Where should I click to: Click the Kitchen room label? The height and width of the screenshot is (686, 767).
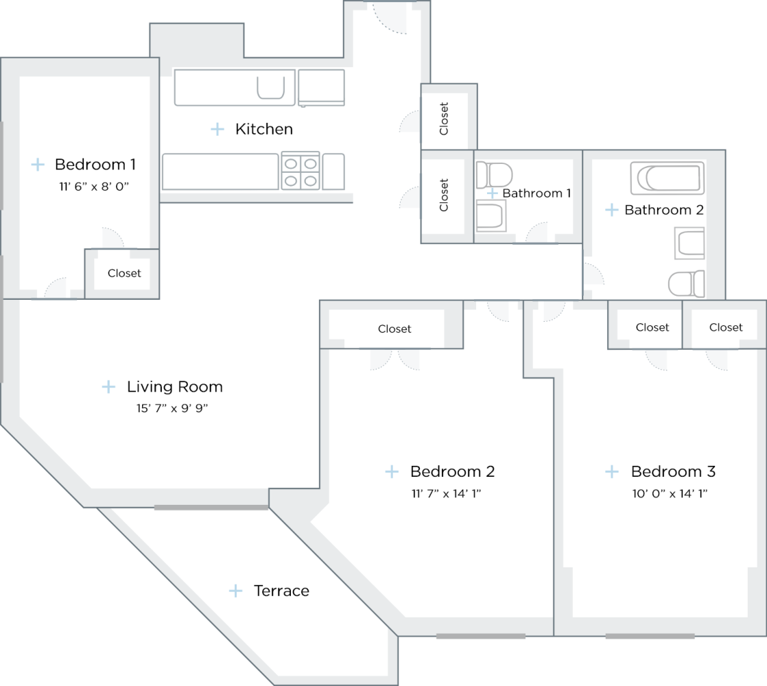[264, 129]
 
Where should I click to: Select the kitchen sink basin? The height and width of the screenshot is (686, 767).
[270, 88]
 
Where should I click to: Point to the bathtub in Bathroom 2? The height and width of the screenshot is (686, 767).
[668, 178]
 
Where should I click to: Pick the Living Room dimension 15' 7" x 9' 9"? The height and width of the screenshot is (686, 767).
[172, 409]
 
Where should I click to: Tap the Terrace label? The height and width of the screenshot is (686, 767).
[281, 591]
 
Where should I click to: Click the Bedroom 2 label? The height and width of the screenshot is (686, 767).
[452, 472]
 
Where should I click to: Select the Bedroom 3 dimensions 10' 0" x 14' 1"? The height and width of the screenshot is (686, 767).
[673, 493]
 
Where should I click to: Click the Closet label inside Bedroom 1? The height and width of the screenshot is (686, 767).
[124, 273]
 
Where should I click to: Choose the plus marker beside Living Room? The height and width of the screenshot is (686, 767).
[108, 387]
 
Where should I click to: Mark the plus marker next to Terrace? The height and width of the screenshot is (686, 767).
[236, 591]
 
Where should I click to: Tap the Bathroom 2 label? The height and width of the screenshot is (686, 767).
[663, 210]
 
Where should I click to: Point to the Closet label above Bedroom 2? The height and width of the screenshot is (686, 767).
[394, 329]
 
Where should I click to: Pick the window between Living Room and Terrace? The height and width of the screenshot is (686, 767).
[211, 508]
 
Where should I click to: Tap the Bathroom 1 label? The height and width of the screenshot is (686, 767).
[536, 193]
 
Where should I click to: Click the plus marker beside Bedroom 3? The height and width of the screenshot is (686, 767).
[611, 472]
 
